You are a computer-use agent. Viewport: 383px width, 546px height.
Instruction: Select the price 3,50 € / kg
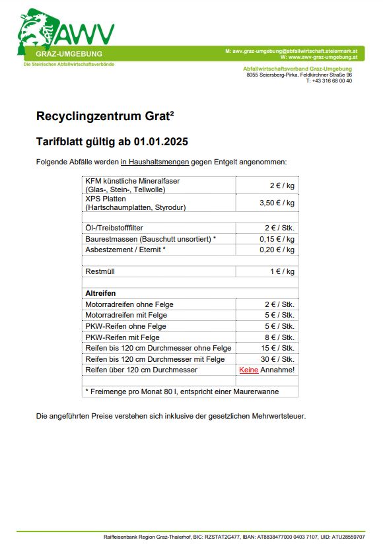click(277, 203)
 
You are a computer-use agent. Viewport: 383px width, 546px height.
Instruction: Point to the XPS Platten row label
click(106, 199)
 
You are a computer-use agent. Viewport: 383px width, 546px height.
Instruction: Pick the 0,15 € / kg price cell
click(277, 239)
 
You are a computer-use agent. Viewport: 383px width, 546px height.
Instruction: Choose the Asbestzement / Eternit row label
click(125, 250)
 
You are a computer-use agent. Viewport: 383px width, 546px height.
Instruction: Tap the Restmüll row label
click(100, 271)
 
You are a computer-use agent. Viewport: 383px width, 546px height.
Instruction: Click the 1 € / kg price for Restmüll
click(282, 271)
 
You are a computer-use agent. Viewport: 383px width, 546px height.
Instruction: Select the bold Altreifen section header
click(101, 292)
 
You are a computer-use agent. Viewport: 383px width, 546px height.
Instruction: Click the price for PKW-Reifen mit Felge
click(282, 337)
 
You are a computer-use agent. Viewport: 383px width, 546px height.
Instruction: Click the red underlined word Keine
click(248, 370)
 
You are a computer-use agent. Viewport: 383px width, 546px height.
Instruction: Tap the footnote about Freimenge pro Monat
click(182, 392)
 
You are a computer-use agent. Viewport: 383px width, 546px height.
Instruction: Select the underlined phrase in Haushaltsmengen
click(155, 162)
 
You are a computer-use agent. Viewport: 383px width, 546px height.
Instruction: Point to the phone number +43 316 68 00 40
click(329, 81)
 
